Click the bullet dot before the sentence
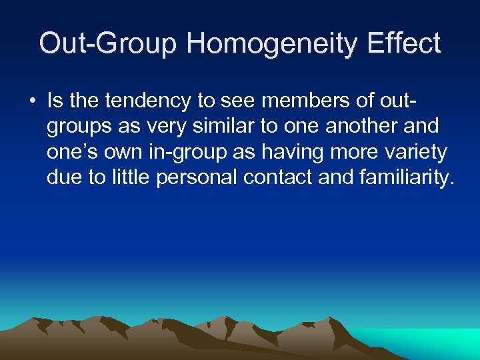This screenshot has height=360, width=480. click(31, 101)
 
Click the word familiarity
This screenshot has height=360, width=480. click(412, 179)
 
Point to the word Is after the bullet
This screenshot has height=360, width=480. click(55, 101)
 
